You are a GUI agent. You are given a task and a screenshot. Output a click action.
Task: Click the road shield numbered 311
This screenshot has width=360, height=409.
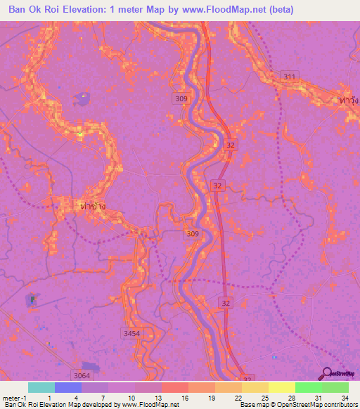click(x=288, y=76)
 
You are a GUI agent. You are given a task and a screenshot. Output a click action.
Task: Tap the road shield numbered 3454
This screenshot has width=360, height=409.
click(x=131, y=333)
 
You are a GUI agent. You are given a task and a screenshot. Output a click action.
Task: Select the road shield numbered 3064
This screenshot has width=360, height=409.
click(x=82, y=376)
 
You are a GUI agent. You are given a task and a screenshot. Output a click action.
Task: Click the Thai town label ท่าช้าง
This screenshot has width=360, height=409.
click(x=93, y=206)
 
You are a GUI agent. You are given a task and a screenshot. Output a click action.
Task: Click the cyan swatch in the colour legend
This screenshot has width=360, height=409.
click(x=41, y=387)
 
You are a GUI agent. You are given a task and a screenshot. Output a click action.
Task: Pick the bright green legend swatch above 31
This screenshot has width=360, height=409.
click(x=308, y=387)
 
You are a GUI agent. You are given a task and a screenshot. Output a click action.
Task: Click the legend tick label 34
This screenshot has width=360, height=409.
click(x=335, y=397)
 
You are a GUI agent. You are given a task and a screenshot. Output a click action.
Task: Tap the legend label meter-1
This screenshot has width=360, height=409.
click(x=14, y=397)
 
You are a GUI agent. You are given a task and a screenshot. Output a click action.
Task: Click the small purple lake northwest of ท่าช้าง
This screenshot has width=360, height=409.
click(x=83, y=98)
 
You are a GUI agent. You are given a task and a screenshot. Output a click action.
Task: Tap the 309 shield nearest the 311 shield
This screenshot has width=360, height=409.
click(x=181, y=99)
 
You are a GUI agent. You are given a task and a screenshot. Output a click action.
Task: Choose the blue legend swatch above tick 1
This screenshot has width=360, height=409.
click(x=67, y=387)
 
